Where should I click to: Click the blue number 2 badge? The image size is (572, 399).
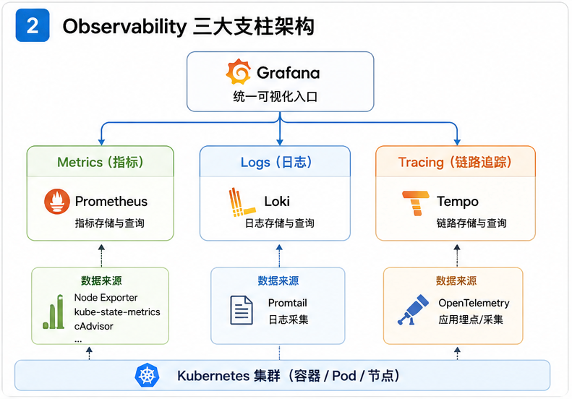click(33, 25)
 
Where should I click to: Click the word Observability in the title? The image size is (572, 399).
click(125, 27)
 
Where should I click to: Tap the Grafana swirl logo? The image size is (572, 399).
click(238, 72)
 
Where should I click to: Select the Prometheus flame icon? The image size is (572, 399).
click(57, 202)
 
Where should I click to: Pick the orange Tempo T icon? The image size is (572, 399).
click(416, 203)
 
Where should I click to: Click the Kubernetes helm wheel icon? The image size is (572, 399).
click(147, 375)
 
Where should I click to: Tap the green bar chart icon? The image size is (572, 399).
click(54, 312)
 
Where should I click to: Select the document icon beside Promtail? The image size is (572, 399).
click(241, 310)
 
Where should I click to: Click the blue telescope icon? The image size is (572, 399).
click(413, 309)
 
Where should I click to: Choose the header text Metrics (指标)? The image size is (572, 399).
click(101, 162)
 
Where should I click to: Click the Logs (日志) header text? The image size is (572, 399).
click(276, 163)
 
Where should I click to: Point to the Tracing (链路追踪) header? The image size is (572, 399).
click(455, 162)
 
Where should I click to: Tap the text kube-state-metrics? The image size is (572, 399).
click(117, 312)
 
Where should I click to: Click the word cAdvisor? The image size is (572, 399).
click(94, 326)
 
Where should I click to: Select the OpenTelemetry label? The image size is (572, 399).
click(474, 303)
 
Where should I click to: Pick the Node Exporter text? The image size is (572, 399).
click(106, 298)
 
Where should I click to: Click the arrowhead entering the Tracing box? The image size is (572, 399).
click(457, 142)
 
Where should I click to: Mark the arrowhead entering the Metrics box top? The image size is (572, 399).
click(101, 142)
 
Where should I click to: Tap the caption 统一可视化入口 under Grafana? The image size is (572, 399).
click(276, 97)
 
